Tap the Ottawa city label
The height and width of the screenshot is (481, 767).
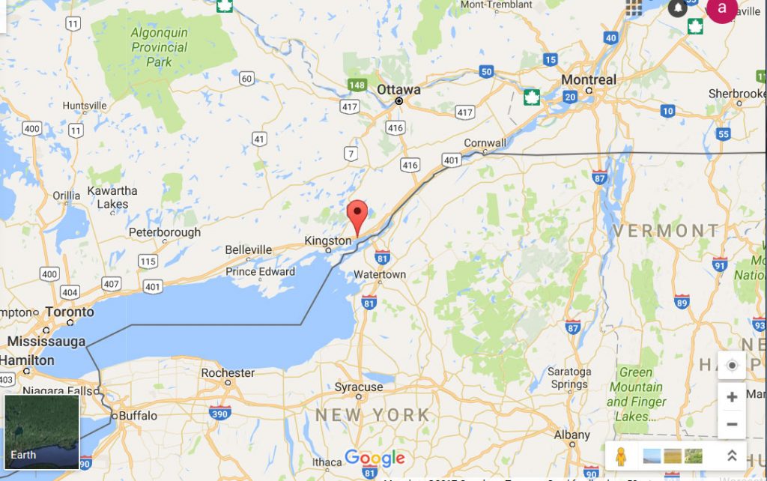click(398, 89)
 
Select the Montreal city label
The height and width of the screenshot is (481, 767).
click(589, 79)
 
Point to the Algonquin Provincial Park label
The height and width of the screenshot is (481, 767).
click(159, 47)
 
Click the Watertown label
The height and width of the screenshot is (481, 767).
click(380, 274)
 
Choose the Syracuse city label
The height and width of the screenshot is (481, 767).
click(358, 387)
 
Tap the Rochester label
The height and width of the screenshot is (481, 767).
click(228, 372)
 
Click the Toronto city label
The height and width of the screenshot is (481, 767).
click(70, 312)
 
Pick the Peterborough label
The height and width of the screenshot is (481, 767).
click(165, 232)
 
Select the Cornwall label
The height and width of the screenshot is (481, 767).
click(485, 143)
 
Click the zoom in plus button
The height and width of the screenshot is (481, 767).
click(732, 397)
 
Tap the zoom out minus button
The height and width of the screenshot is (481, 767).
click(732, 425)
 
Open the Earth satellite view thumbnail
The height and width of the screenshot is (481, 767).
click(42, 432)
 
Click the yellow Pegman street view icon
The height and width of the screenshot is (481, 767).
click(620, 456)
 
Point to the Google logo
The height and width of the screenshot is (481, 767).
click(375, 459)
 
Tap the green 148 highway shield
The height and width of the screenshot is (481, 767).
click(357, 85)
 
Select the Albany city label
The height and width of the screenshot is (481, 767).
click(572, 435)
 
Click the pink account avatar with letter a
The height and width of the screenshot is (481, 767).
click(721, 8)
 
